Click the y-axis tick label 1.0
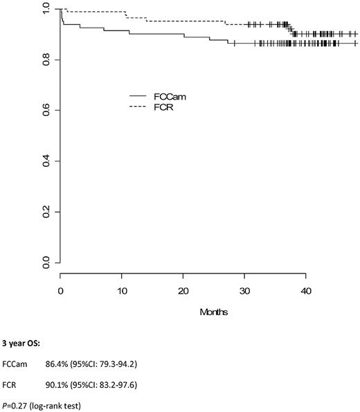[46, 10]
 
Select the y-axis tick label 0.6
[46, 111]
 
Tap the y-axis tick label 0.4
[46, 161]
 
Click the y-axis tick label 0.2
[46, 212]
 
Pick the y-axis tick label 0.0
[46, 263]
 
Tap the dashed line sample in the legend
[142, 107]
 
